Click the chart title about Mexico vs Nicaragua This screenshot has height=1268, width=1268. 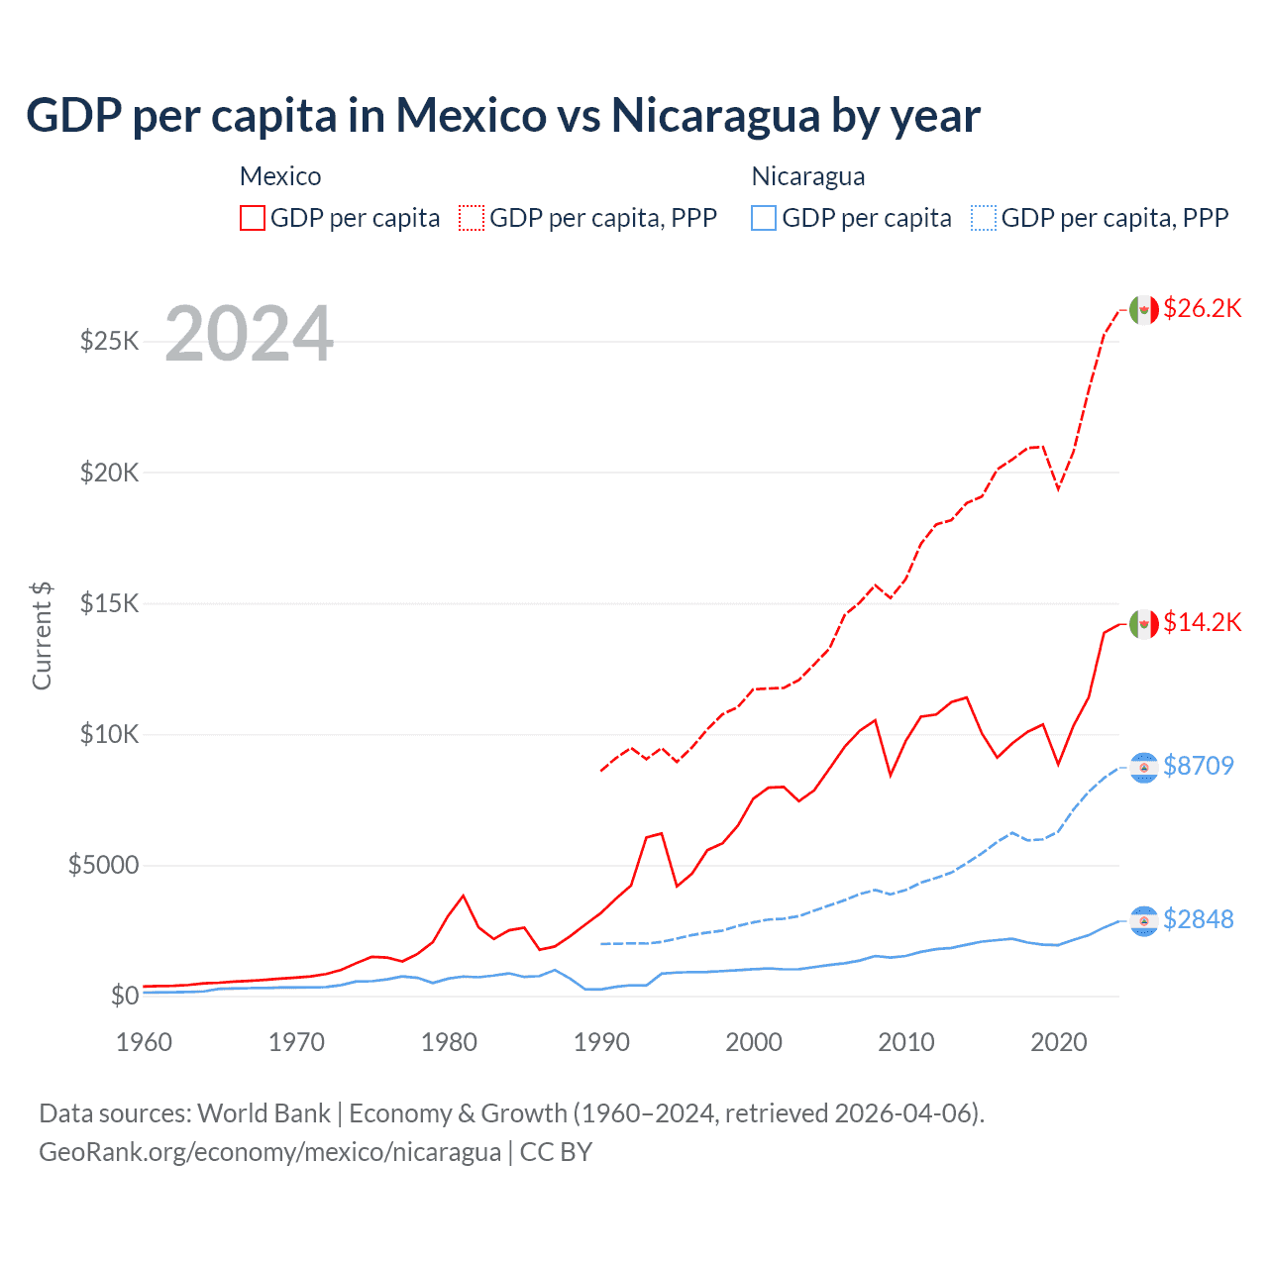click(x=503, y=116)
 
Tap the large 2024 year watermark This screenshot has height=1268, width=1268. click(x=249, y=334)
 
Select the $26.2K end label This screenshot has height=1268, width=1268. click(x=1202, y=308)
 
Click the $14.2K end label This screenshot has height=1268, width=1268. click(x=1202, y=622)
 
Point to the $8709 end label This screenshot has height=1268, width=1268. click(x=1198, y=766)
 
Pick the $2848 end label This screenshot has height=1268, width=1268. click(x=1198, y=919)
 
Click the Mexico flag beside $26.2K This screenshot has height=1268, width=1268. click(x=1144, y=310)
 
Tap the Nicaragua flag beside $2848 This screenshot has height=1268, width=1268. click(x=1144, y=921)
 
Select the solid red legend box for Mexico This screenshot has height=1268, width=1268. click(x=253, y=218)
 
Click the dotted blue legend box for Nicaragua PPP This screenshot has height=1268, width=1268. click(x=984, y=218)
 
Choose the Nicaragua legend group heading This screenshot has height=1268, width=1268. click(x=808, y=176)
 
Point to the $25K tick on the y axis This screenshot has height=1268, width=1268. click(x=110, y=342)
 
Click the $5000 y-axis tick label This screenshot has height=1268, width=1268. click(x=103, y=865)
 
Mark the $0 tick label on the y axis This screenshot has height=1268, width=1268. click(x=124, y=996)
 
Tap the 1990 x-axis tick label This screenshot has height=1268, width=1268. click(x=601, y=1042)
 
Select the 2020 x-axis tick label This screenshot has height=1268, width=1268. click(x=1058, y=1042)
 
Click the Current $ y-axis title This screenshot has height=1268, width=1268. click(x=42, y=636)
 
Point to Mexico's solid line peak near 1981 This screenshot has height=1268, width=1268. click(x=463, y=896)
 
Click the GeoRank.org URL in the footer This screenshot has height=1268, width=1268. click(x=269, y=1152)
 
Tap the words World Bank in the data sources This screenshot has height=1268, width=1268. click(x=264, y=1113)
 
